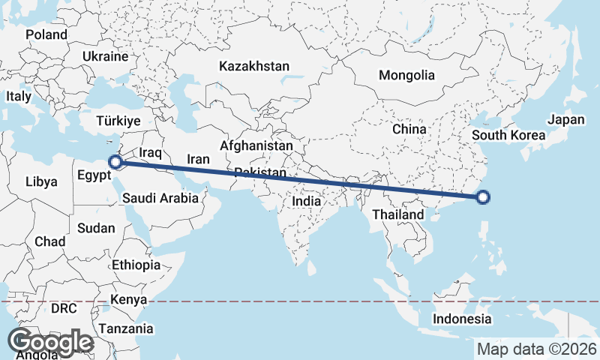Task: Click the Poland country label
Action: [x=46, y=34]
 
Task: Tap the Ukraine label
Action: [x=106, y=56]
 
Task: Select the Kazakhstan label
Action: [x=254, y=67]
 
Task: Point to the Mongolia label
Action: [x=406, y=75]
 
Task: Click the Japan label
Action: [x=565, y=119]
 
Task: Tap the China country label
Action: [x=409, y=129]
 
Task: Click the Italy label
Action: [x=19, y=97]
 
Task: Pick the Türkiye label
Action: [x=119, y=121]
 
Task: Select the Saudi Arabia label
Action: [x=160, y=198]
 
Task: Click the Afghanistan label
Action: [x=256, y=145]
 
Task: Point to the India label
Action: [x=306, y=201]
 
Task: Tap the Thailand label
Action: [x=399, y=214]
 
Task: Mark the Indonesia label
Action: [x=461, y=319]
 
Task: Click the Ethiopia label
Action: [x=136, y=265]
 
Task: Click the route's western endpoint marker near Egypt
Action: [x=115, y=161]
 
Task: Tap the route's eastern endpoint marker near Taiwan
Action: [x=483, y=197]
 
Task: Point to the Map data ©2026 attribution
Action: [x=537, y=349]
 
